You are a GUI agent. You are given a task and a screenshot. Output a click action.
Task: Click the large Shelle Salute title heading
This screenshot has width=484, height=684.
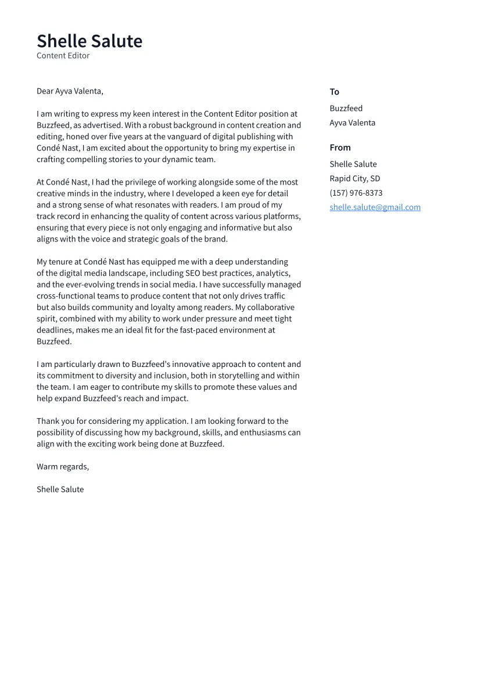point(89,41)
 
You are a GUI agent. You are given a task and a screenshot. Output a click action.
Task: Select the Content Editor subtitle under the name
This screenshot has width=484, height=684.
point(63,56)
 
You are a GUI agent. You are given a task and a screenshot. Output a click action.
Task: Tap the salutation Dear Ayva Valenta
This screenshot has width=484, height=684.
point(70,91)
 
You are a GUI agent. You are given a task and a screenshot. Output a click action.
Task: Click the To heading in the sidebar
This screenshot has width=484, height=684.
point(334,92)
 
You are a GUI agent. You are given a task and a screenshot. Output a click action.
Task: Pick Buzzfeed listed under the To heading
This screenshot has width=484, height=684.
point(346,109)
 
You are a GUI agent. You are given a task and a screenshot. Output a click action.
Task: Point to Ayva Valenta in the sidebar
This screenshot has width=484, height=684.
point(352,123)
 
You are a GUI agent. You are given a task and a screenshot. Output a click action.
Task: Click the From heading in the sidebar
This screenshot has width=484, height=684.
point(340,147)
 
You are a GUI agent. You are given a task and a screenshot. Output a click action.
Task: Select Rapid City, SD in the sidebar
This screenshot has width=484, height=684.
point(354,178)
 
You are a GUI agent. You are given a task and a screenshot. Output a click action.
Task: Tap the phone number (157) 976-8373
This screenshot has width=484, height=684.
point(356,193)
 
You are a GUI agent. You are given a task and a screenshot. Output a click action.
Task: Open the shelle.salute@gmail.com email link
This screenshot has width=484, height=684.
point(375,207)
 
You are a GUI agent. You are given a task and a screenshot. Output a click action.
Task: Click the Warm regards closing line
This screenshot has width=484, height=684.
point(63,467)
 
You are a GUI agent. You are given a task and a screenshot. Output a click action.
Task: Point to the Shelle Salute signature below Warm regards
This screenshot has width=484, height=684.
point(60,489)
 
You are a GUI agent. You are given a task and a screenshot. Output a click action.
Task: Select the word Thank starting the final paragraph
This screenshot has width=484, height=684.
point(48,422)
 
